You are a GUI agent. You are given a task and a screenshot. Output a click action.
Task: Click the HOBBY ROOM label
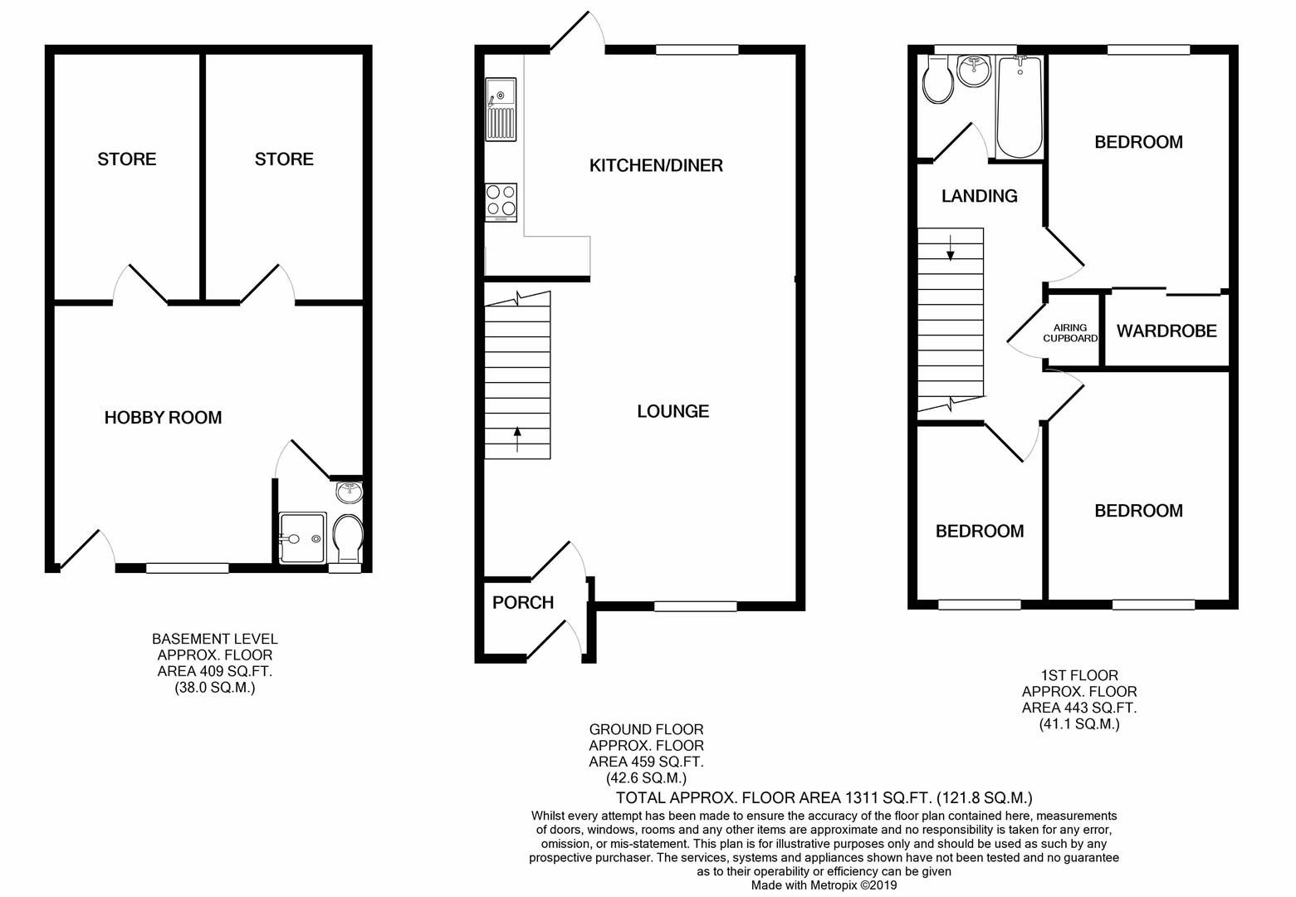coord(163,418)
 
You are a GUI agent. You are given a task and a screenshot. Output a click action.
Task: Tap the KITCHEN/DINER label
coord(656,165)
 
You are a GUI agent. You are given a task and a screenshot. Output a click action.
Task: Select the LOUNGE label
coord(672,411)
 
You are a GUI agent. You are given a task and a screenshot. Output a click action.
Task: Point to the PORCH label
coord(522,603)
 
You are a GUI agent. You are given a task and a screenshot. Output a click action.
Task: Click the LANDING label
coord(979,196)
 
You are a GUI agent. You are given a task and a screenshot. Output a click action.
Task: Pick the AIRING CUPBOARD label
coord(1070,333)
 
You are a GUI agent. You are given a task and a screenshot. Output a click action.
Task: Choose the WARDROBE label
coord(1166,331)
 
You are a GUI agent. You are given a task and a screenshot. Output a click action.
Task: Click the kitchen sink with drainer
coord(501,109)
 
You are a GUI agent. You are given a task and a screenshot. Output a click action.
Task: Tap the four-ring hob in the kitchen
coord(501,202)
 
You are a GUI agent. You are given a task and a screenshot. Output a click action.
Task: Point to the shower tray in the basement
coord(300,537)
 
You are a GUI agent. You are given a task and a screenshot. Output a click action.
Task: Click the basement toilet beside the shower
coord(346,540)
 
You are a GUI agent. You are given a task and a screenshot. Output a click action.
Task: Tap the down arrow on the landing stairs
coord(950,247)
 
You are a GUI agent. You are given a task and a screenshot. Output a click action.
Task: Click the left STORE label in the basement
coord(126,159)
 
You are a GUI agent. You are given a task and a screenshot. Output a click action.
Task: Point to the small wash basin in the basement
coord(350,493)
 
